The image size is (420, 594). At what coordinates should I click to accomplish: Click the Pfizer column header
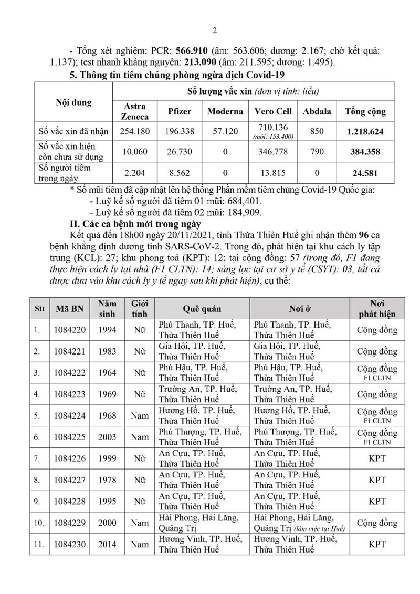coord(179,111)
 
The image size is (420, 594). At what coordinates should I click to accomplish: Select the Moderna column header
coord(225,111)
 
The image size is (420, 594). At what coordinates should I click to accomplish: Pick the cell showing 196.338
coord(179,132)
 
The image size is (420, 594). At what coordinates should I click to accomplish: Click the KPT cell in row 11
coord(377,545)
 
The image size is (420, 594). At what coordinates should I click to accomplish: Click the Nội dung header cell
coord(73,102)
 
